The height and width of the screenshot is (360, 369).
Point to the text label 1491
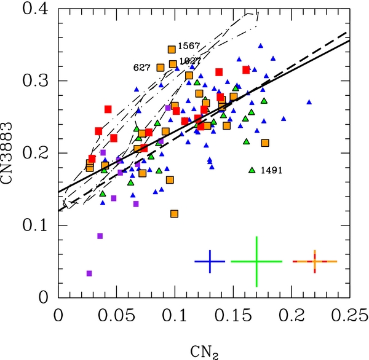coord(271,170)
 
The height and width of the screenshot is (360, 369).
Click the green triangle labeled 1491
coord(252,170)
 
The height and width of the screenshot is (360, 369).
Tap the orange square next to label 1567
coord(172,49)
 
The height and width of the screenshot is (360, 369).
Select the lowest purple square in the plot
coord(89,273)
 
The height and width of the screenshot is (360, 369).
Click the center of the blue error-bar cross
coord(210,262)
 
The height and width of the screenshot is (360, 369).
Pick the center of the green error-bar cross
coord(256,262)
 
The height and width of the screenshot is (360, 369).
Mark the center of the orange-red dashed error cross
coord(314,262)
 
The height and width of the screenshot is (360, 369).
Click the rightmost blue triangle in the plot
coord(309,102)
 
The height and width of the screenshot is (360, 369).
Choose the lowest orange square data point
coord(175,214)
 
